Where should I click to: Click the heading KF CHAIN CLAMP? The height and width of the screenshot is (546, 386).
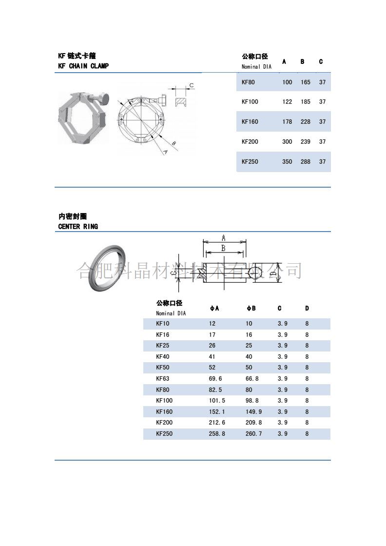pyautogui.click(x=83, y=66)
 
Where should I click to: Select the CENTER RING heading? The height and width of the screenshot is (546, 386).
pyautogui.click(x=78, y=226)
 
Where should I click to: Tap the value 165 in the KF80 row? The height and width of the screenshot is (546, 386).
pyautogui.click(x=306, y=82)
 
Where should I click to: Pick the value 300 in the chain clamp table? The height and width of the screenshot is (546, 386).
pyautogui.click(x=287, y=141)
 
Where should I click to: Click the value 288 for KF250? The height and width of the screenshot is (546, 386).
pyautogui.click(x=306, y=161)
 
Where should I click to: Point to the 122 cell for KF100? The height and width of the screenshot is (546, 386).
pyautogui.click(x=287, y=102)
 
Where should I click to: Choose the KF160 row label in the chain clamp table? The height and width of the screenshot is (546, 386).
pyautogui.click(x=250, y=122)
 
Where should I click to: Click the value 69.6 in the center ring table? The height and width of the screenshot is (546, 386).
pyautogui.click(x=215, y=378)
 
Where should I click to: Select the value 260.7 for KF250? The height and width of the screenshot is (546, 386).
pyautogui.click(x=253, y=433)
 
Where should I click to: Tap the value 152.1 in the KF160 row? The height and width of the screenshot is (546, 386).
pyautogui.click(x=217, y=411)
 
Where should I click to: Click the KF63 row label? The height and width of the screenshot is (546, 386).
pyautogui.click(x=162, y=378)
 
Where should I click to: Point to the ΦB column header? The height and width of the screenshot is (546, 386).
pyautogui.click(x=251, y=308)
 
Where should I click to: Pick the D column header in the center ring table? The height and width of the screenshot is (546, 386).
pyautogui.click(x=307, y=308)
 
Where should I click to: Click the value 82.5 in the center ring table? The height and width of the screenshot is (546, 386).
pyautogui.click(x=215, y=390)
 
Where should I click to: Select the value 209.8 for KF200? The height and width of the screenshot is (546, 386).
pyautogui.click(x=253, y=423)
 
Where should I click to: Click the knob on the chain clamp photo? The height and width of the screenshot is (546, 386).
pyautogui.click(x=104, y=99)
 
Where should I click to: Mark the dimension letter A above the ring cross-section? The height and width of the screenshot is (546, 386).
pyautogui.click(x=224, y=237)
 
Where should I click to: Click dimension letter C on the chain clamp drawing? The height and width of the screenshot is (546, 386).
pyautogui.click(x=192, y=85)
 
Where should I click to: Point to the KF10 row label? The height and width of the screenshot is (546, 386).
pyautogui.click(x=162, y=324)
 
